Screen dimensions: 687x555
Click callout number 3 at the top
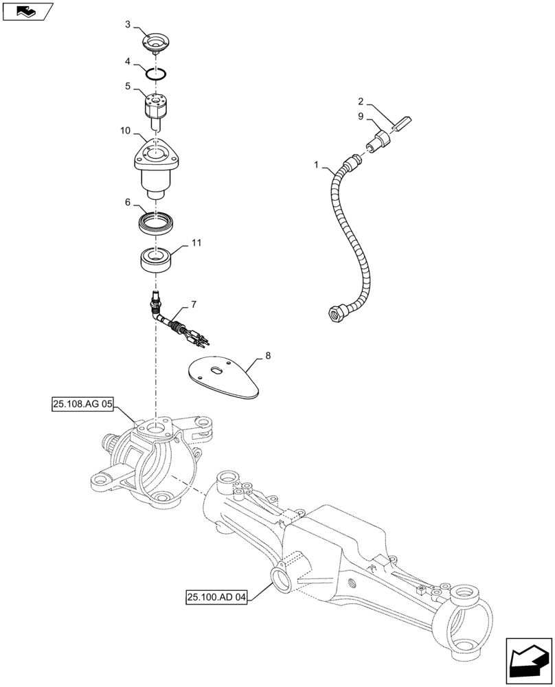click(128, 24)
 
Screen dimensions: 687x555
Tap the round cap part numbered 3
click(157, 43)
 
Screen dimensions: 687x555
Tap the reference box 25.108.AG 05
click(81, 405)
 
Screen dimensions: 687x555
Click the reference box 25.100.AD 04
click(215, 598)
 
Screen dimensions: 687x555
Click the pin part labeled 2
click(400, 124)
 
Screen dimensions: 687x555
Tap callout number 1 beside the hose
click(317, 165)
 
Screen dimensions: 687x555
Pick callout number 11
click(196, 244)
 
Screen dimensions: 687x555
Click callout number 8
click(268, 356)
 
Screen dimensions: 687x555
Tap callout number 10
click(124, 131)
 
